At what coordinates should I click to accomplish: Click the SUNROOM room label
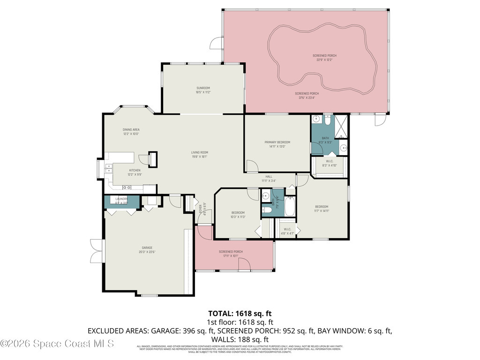pyautogui.click(x=203, y=88)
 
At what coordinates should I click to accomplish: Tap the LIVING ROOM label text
pyautogui.click(x=199, y=152)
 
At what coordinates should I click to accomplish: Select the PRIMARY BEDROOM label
pyautogui.click(x=277, y=142)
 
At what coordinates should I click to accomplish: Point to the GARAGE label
pyautogui.click(x=147, y=247)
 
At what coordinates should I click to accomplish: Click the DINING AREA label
pyautogui.click(x=131, y=129)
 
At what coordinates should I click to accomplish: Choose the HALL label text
pyautogui.click(x=269, y=177)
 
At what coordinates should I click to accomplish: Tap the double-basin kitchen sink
pyautogui.click(x=109, y=168)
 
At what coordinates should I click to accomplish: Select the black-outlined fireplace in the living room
pyautogui.click(x=153, y=158)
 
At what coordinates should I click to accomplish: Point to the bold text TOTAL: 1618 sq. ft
pyautogui.click(x=240, y=313)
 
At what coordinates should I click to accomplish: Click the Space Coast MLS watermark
pyautogui.click(x=57, y=344)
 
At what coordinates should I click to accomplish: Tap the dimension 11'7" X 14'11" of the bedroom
pyautogui.click(x=322, y=211)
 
